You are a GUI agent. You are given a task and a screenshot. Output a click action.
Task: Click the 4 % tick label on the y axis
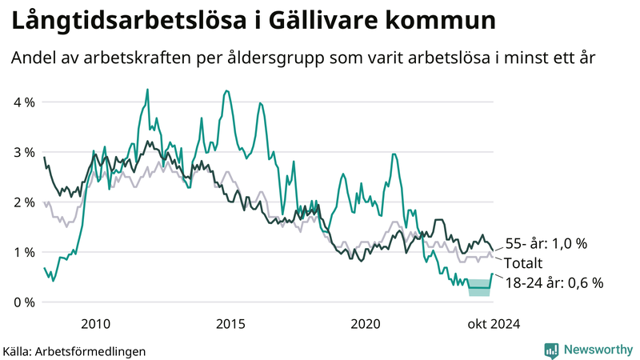(x=22, y=102)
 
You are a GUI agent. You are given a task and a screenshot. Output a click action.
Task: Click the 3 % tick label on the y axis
(x=22, y=152)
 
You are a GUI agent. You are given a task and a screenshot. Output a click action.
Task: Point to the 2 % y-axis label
(x=22, y=202)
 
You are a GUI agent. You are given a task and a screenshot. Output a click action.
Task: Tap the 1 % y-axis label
(x=22, y=252)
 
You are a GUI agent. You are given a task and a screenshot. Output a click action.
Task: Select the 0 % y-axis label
(x=22, y=302)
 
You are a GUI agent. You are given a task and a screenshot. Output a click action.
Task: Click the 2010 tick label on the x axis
(x=95, y=323)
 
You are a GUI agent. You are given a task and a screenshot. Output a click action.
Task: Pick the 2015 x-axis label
(x=230, y=323)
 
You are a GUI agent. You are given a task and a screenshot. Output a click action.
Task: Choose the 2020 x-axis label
(x=366, y=323)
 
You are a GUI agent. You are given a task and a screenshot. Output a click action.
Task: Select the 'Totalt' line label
(x=523, y=263)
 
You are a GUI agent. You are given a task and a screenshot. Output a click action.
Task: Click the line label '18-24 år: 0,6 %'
(x=554, y=282)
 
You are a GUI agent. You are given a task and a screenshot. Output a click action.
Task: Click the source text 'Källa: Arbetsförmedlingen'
(x=74, y=350)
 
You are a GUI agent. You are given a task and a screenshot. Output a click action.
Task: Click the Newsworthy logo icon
(x=552, y=350)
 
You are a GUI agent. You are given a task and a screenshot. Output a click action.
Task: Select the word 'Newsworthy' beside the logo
(x=598, y=350)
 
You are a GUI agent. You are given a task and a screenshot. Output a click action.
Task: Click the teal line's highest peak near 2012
(x=147, y=90)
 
